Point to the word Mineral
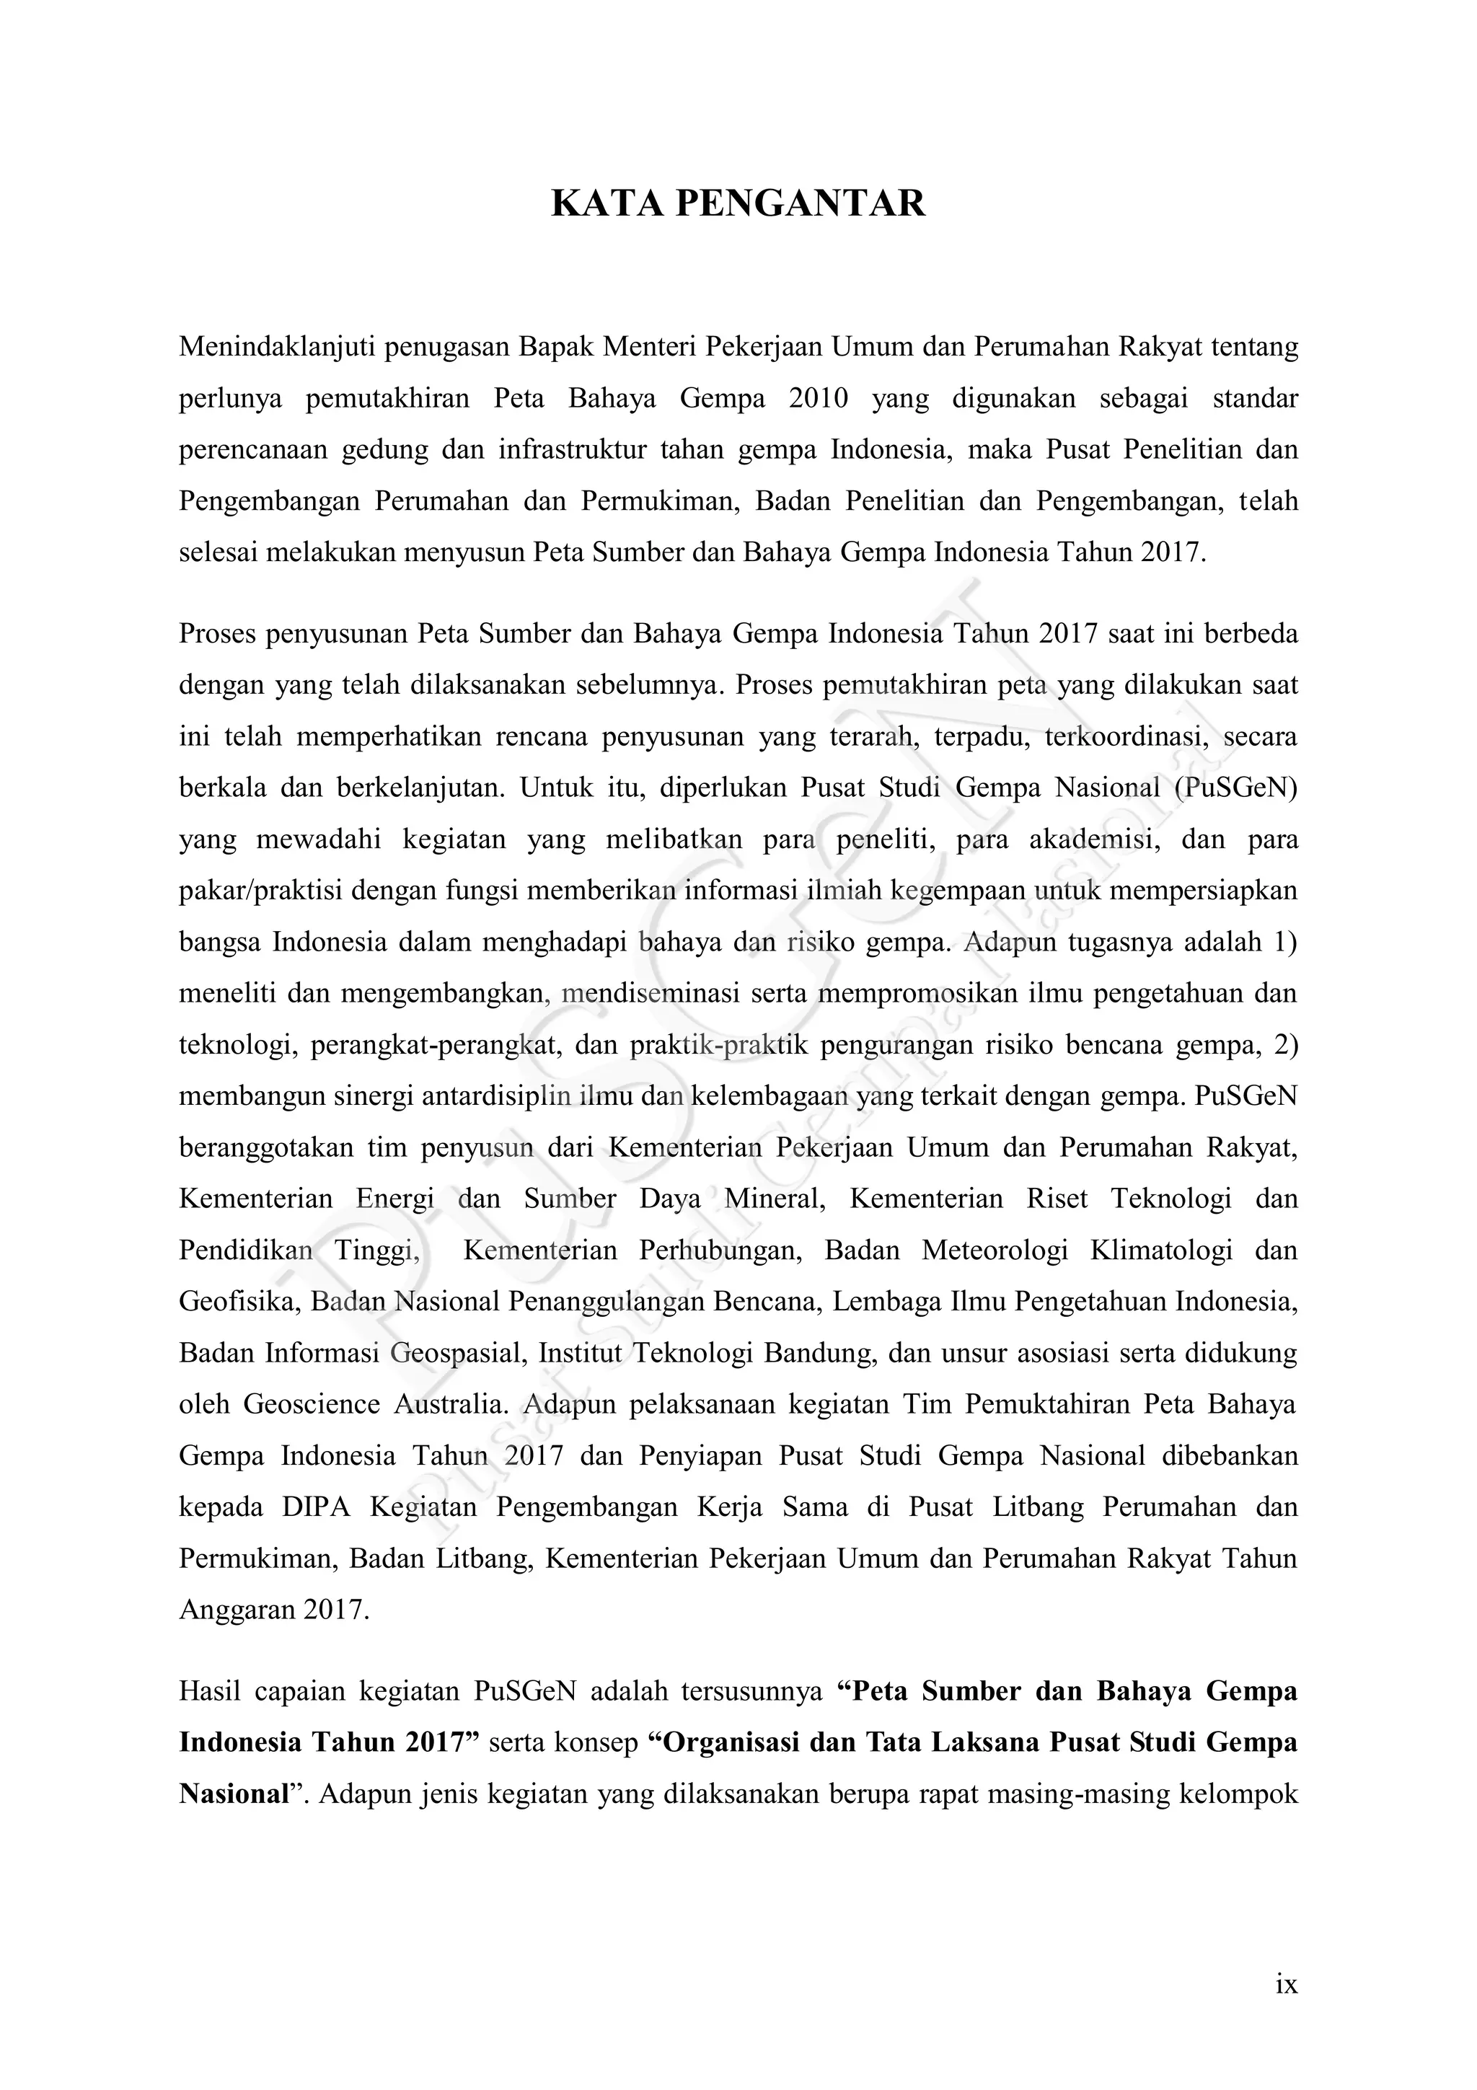(x=775, y=1198)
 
